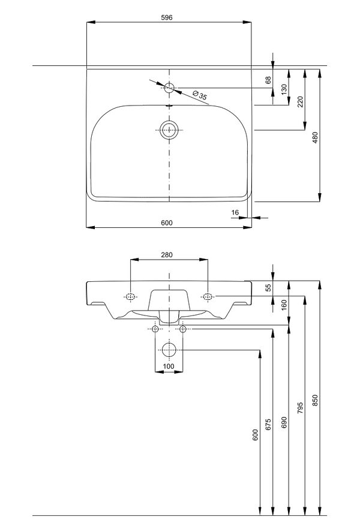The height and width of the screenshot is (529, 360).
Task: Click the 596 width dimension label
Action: click(x=166, y=17)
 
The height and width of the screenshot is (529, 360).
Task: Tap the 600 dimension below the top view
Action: click(x=166, y=223)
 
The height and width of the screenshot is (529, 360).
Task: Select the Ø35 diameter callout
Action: click(x=200, y=95)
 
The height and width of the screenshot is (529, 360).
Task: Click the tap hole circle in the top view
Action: click(x=169, y=88)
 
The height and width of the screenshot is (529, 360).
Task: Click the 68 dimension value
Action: click(x=268, y=79)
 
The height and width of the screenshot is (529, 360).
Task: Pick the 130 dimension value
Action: click(x=284, y=88)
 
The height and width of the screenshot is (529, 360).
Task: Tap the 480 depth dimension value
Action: click(x=315, y=137)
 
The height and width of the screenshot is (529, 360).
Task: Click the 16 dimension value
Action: click(x=235, y=213)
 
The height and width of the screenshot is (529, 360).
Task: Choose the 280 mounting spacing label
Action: click(x=166, y=255)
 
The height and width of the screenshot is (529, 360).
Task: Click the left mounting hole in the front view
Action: click(x=130, y=296)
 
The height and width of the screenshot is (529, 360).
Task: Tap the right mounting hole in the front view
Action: click(x=208, y=296)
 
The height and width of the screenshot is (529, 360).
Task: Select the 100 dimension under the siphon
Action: click(x=169, y=366)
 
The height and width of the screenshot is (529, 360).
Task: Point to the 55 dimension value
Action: click(x=268, y=288)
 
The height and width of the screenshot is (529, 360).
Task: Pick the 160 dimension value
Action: click(x=284, y=305)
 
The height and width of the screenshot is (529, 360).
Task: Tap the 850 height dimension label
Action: click(x=315, y=399)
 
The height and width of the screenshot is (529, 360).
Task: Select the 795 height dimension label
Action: click(x=300, y=408)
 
